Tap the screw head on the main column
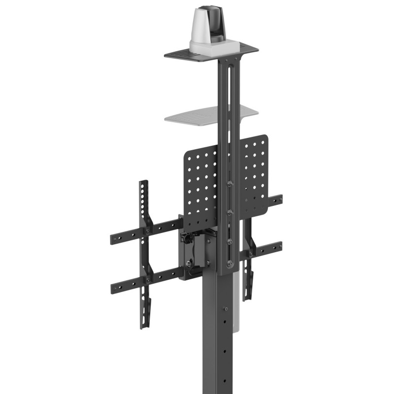(x=225, y=309)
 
